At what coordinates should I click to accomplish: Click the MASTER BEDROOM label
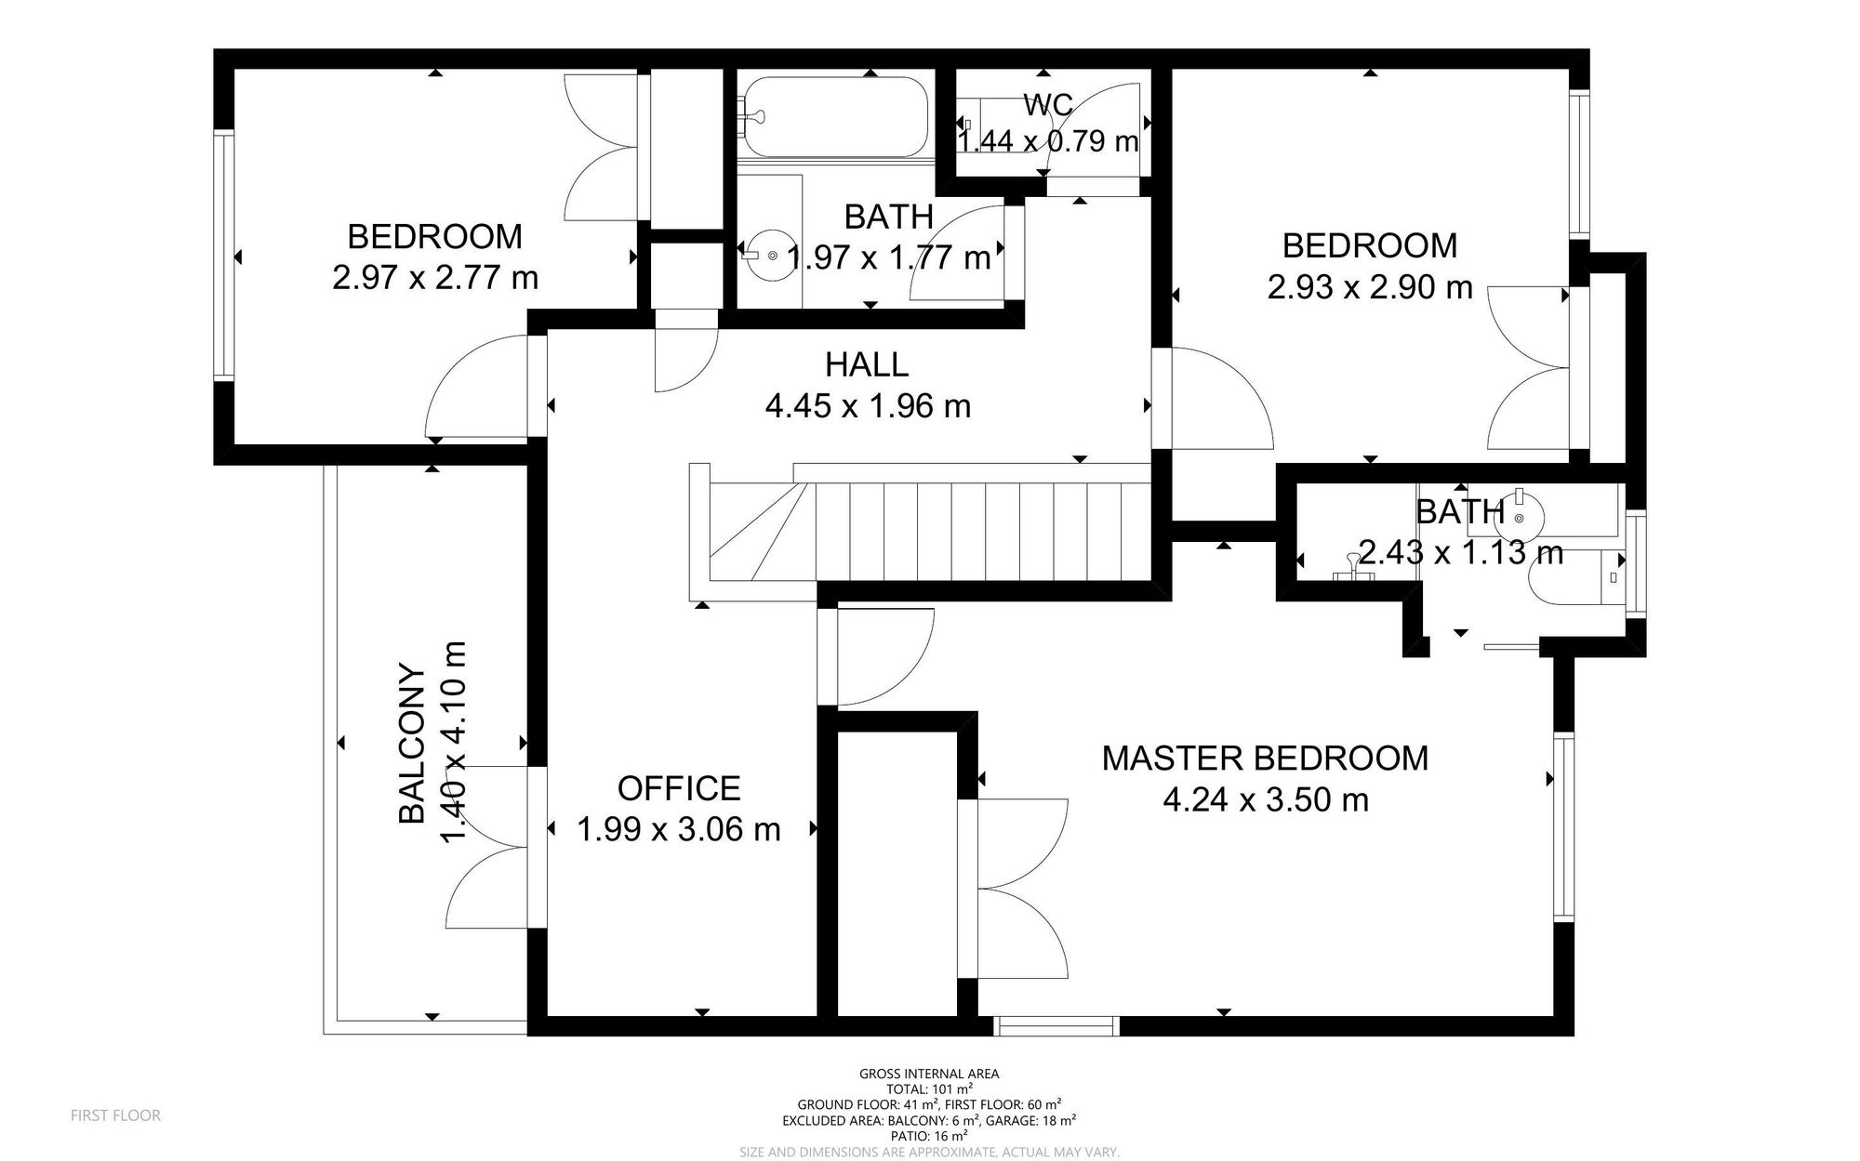(x=1265, y=759)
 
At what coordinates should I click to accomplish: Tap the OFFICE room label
(x=679, y=788)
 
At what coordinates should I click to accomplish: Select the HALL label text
(x=867, y=364)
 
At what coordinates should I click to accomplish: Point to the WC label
(x=1048, y=105)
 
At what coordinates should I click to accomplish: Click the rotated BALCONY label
(x=412, y=743)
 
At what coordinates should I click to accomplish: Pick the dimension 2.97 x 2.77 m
(x=435, y=277)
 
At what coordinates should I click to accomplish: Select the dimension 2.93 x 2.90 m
(x=1370, y=286)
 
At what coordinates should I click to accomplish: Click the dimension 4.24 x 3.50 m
(x=1266, y=799)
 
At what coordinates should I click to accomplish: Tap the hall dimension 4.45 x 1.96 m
(x=868, y=405)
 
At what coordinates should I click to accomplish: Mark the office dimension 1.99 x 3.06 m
(x=679, y=828)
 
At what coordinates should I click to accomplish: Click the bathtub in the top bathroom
(x=835, y=117)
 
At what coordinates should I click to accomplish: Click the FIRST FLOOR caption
(x=115, y=1115)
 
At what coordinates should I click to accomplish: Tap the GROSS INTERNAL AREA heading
(x=929, y=1074)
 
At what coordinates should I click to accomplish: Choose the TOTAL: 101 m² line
(x=929, y=1088)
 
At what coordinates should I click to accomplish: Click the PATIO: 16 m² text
(x=929, y=1135)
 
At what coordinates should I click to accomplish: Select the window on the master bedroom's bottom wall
(x=1055, y=1026)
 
